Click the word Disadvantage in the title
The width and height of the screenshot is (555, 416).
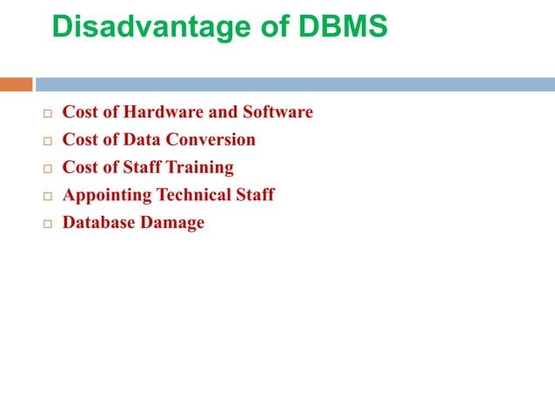point(141,27)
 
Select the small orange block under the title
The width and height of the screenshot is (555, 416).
point(16,84)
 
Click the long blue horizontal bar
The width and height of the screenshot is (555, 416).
point(295,84)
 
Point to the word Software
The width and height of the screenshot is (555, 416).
point(277,112)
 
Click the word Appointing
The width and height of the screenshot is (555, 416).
point(106,195)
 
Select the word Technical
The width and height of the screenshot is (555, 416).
point(193,195)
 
